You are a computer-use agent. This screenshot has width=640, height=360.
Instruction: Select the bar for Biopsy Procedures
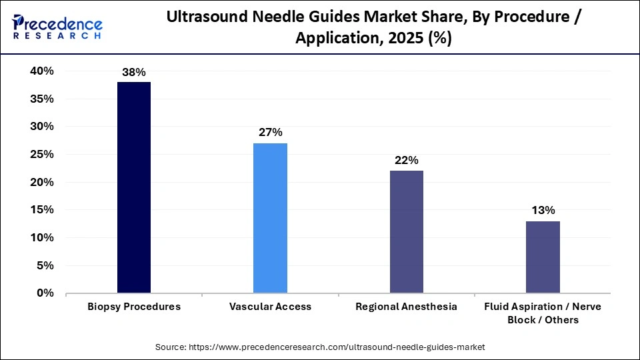click(134, 187)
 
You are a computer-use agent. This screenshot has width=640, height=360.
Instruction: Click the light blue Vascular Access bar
click(270, 218)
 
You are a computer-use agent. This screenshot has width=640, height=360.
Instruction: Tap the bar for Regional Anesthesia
click(406, 231)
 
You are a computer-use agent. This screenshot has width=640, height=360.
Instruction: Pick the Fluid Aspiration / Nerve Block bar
click(543, 257)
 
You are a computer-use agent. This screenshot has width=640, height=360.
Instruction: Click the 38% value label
click(134, 72)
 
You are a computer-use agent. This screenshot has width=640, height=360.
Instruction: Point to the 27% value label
click(270, 133)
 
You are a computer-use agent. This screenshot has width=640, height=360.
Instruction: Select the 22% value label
click(406, 160)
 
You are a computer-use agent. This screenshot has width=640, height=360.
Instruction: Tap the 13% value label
click(543, 210)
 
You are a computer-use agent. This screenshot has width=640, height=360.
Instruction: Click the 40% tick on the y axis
click(41, 71)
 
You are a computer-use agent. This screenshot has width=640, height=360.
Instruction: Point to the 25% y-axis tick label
click(41, 155)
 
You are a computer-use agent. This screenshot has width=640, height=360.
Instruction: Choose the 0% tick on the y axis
click(45, 293)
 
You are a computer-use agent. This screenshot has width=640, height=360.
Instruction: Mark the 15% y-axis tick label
click(41, 210)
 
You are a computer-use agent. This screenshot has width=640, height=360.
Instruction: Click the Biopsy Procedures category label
click(134, 307)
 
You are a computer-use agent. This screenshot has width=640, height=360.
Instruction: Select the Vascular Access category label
click(270, 307)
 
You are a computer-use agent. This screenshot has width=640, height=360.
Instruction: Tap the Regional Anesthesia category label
click(406, 307)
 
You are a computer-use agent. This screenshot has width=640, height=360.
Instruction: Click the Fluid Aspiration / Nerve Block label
click(543, 313)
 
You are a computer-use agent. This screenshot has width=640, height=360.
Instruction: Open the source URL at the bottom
click(320, 347)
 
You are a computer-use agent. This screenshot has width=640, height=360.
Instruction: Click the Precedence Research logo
click(57, 27)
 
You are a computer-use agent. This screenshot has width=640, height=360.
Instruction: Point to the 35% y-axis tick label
click(41, 99)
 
